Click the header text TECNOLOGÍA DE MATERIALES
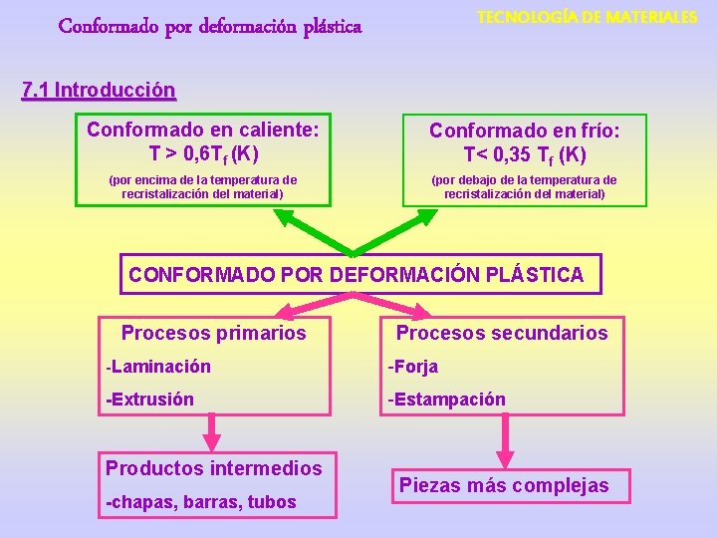[587, 18]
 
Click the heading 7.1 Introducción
[98, 91]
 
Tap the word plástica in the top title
[319, 24]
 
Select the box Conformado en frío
[524, 162]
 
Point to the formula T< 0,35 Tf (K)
[525, 154]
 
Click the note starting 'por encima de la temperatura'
[202, 186]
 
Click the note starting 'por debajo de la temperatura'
[524, 186]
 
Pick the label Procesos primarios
[213, 333]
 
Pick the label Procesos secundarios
[502, 333]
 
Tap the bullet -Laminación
[158, 367]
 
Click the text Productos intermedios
[214, 468]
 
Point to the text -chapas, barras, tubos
[200, 502]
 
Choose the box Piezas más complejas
[503, 485]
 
